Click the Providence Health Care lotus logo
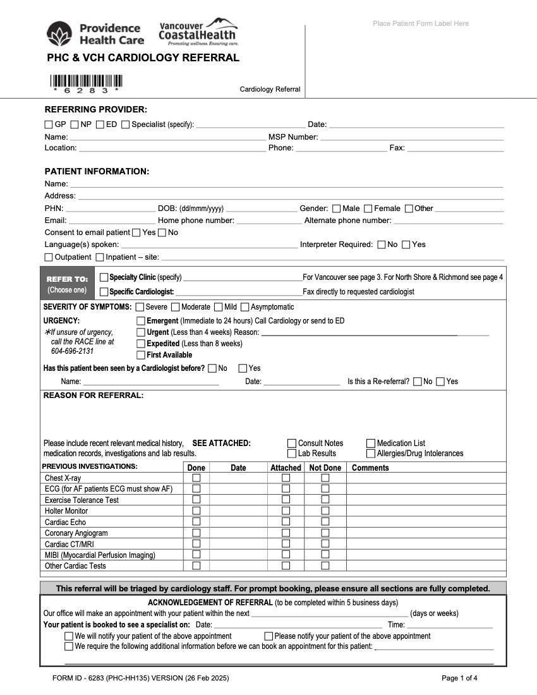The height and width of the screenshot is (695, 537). [60, 33]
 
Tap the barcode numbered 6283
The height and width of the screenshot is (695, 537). [86, 82]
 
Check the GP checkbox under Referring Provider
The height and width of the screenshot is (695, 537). [49, 124]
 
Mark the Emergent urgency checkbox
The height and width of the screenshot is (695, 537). [141, 321]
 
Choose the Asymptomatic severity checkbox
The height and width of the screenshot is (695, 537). [244, 307]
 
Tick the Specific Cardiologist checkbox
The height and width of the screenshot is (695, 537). [104, 292]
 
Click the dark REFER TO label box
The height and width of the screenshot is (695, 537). [68, 284]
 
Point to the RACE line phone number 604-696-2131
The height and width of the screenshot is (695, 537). [72, 351]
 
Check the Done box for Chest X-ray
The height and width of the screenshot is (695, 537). [196, 478]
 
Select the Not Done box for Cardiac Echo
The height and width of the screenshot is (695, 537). [325, 522]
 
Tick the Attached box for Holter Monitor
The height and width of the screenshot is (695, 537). [286, 511]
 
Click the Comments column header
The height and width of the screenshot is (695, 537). [370, 468]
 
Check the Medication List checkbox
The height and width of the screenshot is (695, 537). [371, 444]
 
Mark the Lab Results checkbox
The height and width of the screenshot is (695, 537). [292, 454]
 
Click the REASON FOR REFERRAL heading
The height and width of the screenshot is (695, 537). [94, 396]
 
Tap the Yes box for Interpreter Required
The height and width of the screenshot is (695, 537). [406, 245]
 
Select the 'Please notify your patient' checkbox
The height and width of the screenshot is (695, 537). [268, 636]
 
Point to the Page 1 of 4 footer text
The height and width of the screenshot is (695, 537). [459, 679]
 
